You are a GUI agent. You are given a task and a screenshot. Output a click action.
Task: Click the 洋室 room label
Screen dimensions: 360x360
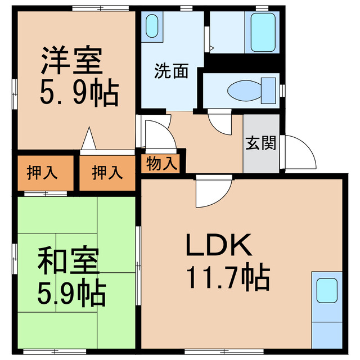coord(71,62)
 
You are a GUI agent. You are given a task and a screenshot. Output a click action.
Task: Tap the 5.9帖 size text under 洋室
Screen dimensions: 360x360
coord(79,94)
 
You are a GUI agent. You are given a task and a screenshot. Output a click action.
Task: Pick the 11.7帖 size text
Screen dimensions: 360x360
coord(227,276)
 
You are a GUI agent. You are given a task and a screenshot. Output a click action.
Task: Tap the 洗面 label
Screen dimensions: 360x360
coord(171,73)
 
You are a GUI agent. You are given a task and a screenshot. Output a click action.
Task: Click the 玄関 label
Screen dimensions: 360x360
coord(260,143)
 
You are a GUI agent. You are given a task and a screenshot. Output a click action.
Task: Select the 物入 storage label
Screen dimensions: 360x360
coord(162,164)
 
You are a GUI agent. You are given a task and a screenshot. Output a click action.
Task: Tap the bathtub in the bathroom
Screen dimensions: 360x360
coord(263,31)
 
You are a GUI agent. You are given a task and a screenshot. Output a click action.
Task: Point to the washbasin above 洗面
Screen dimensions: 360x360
coord(152,26)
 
